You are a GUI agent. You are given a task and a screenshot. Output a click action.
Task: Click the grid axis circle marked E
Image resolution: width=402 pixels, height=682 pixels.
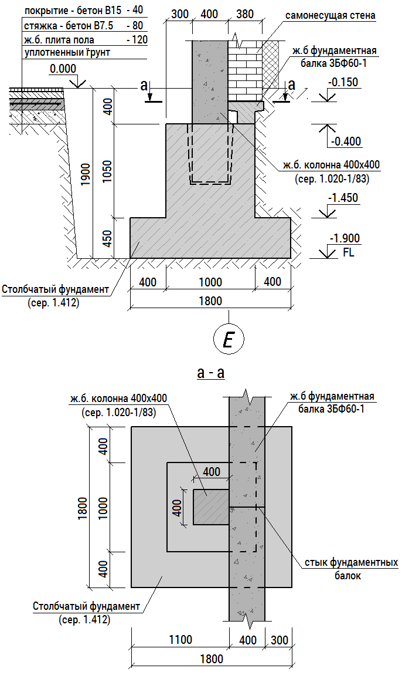tap(229, 339)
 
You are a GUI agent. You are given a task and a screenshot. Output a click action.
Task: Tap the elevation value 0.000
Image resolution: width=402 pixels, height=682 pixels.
tap(63, 69)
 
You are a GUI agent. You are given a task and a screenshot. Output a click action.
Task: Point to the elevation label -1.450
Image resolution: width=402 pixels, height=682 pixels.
tap(345, 198)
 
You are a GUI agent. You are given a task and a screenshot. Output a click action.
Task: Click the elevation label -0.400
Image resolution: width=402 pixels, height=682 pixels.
tap(346, 141)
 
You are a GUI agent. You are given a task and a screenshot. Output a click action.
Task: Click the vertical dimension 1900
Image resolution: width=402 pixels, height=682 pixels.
tap(86, 174)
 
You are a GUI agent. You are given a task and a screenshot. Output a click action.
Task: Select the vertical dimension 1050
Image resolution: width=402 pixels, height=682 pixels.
tap(108, 171)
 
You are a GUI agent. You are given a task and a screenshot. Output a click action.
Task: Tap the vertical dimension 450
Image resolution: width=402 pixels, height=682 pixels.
tap(108, 238)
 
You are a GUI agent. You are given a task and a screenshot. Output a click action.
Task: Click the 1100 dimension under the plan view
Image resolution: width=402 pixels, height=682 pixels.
tap(179, 639)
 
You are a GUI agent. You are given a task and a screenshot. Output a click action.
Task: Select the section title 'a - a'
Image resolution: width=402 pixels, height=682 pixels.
tap(211, 374)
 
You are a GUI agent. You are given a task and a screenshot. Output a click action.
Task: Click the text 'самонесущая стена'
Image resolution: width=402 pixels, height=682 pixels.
tap(329, 16)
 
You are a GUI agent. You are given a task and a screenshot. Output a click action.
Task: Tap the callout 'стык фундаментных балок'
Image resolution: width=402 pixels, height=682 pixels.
tap(351, 569)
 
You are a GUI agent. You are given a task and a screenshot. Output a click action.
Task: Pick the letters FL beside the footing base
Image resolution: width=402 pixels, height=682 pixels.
tap(348, 253)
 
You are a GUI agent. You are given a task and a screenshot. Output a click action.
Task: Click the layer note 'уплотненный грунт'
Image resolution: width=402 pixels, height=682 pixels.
tap(67, 53)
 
